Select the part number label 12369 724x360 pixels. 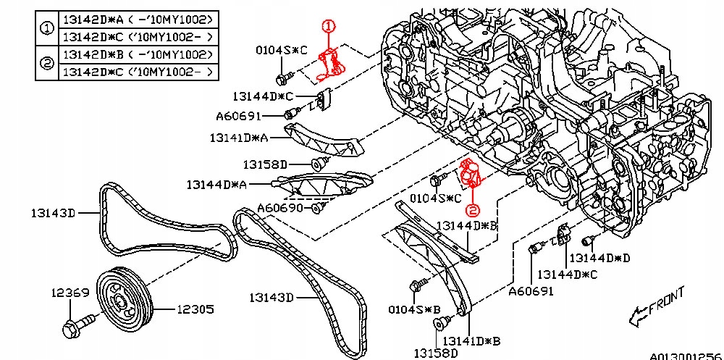click(70, 293)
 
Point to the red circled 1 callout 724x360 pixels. click(328, 27)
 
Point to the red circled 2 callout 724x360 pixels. click(472, 211)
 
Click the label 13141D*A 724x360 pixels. click(239, 137)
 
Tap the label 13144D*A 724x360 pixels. click(216, 185)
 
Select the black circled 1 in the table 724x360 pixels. click(46, 28)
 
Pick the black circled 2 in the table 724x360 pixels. click(46, 64)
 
